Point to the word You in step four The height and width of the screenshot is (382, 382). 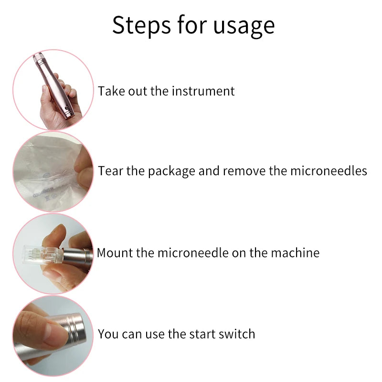tap(108, 334)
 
